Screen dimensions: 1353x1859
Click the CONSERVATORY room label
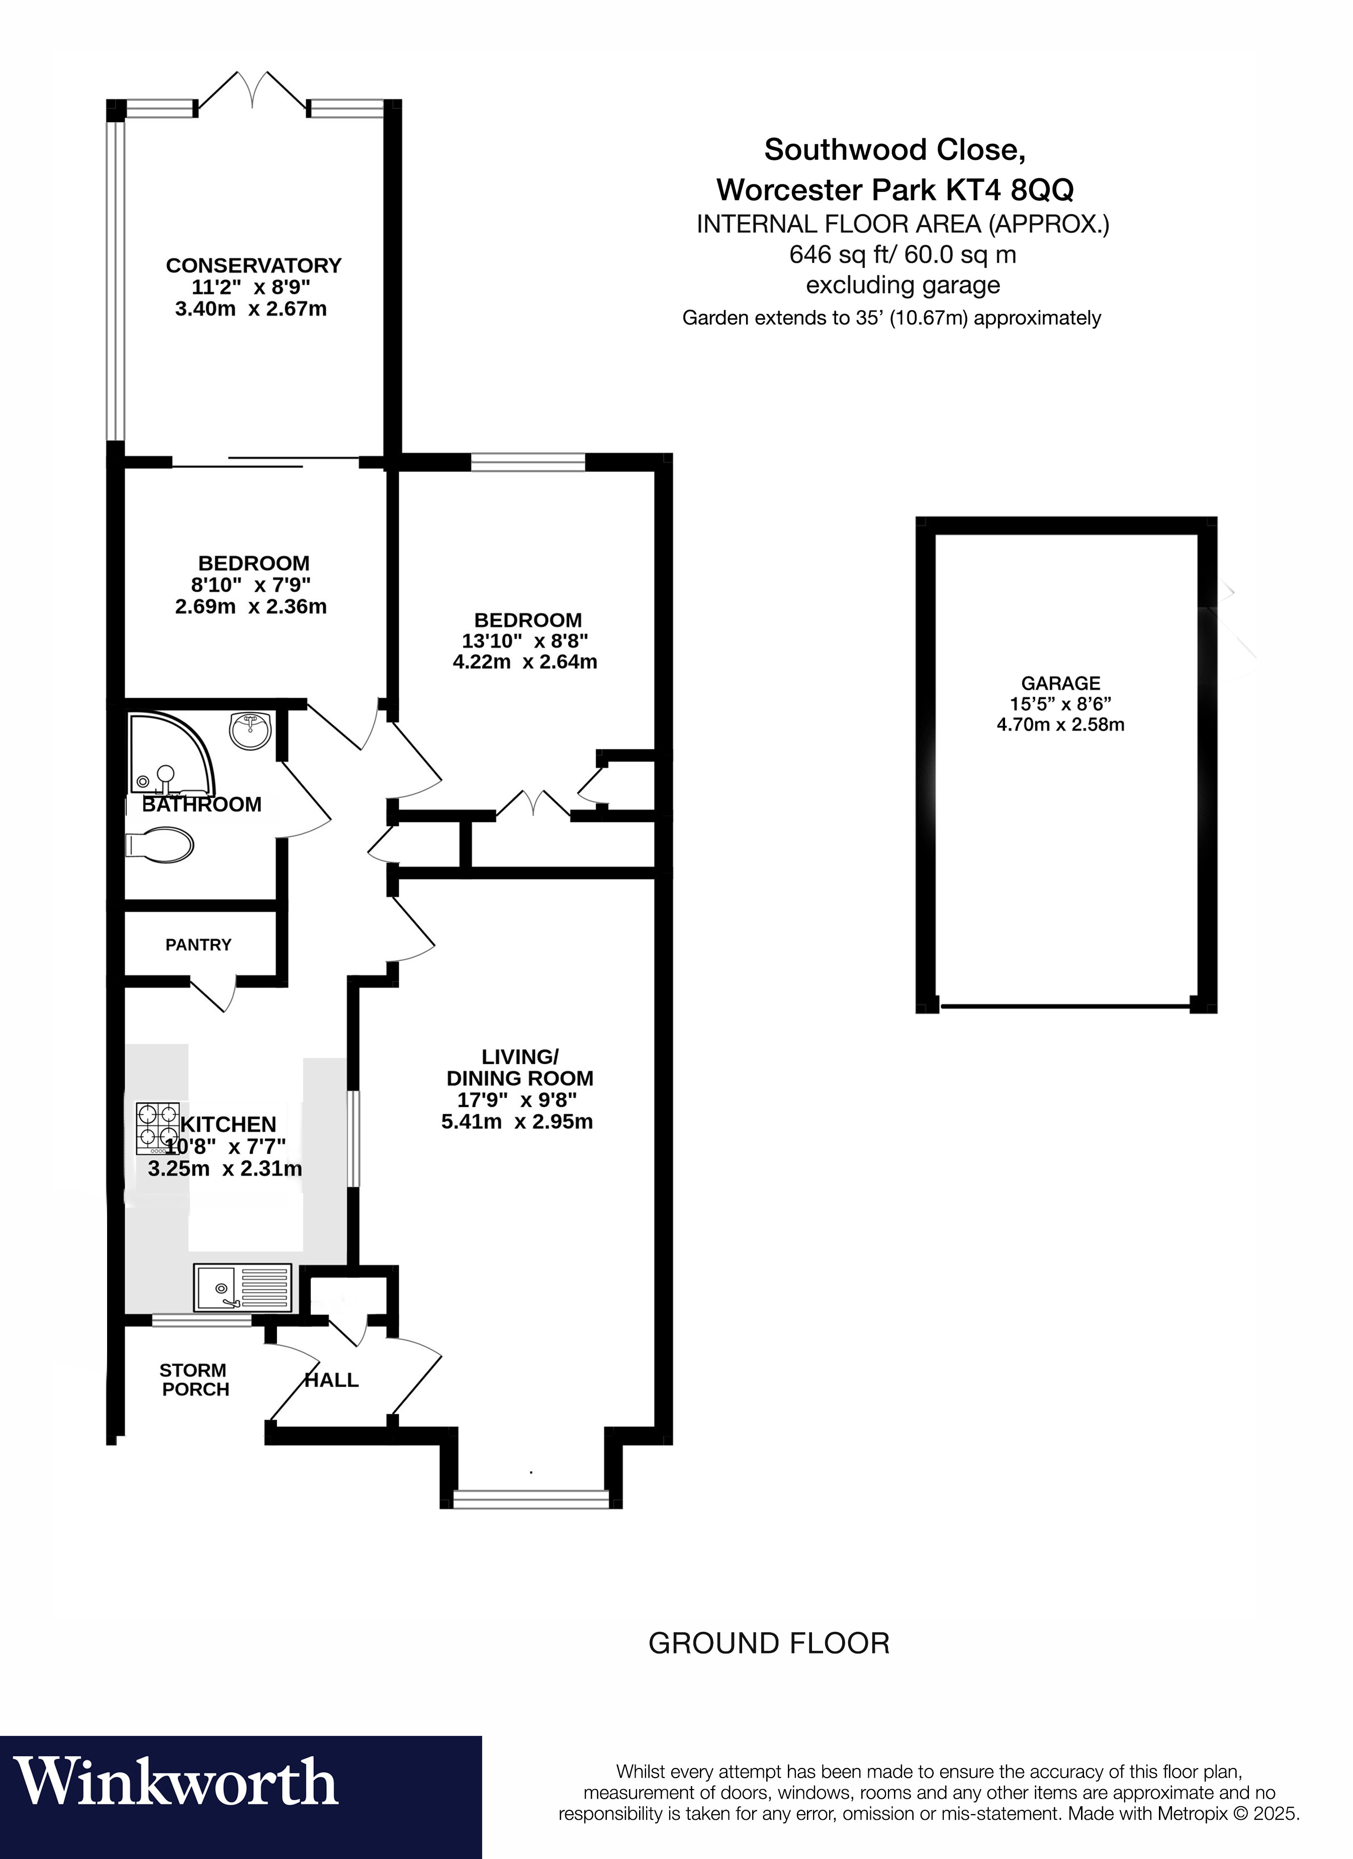point(253,265)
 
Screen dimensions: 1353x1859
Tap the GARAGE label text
point(1060,683)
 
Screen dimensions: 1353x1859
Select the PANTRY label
point(199,945)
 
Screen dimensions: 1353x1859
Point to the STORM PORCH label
point(195,1380)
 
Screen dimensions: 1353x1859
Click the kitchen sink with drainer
point(243,1288)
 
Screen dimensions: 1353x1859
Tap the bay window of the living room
point(531,1498)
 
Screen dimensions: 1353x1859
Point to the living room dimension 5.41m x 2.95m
point(516,1121)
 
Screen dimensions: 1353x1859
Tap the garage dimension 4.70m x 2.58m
point(1060,725)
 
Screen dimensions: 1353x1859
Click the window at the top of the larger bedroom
point(529,462)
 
